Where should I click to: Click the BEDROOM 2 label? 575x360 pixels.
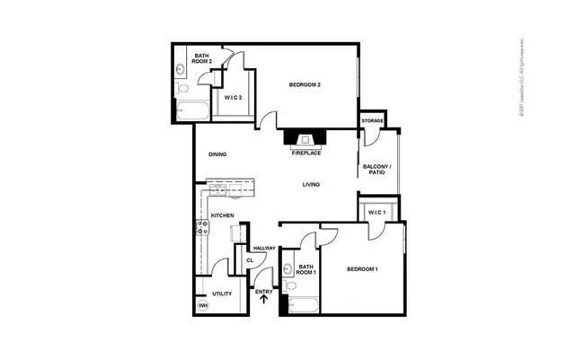point(305,85)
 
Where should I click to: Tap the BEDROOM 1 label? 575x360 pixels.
point(363,269)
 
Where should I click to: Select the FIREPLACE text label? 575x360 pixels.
point(305,153)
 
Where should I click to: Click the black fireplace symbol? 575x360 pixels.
point(305,138)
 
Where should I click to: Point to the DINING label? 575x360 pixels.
point(217,154)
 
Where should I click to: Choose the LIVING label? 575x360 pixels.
point(311,185)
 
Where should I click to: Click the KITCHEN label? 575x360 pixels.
point(222,215)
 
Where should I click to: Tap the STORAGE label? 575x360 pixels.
point(372,120)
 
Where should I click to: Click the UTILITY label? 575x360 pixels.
point(222,294)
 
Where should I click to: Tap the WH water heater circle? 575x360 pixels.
point(203,305)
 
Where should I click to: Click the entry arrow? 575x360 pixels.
point(263,301)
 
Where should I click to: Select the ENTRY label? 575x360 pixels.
point(263,291)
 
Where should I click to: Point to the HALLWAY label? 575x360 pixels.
point(263,248)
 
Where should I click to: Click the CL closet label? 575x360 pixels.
point(252,262)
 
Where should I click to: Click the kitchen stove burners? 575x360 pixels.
point(204,229)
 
